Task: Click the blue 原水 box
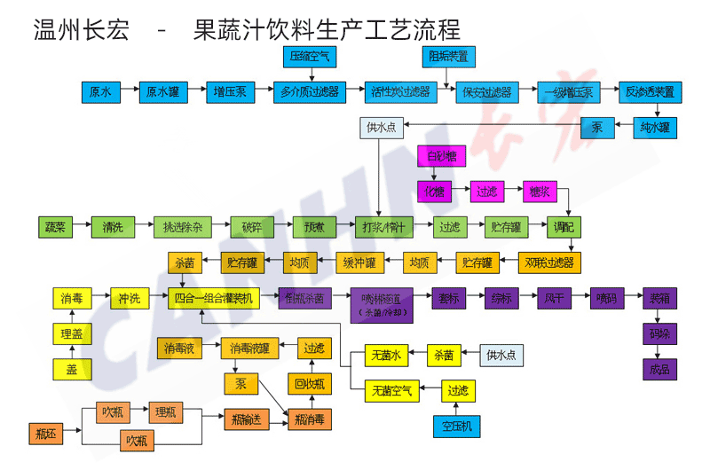100,91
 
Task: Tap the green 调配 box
562,226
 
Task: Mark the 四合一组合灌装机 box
214,298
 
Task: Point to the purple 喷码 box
604,298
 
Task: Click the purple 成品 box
659,368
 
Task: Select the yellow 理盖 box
71,333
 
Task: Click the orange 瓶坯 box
45,435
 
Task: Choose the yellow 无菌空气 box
390,390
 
